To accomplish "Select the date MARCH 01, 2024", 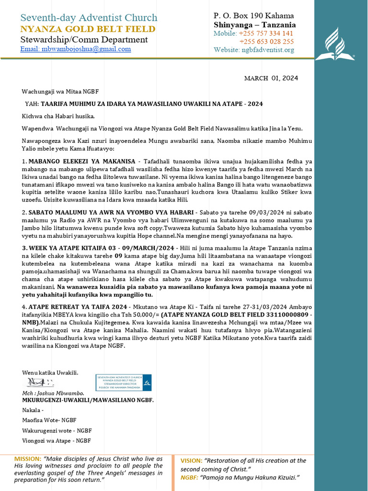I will [x=271, y=78].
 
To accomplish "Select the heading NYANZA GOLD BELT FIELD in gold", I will [x=88, y=29].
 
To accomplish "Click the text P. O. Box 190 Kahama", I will [x=253, y=16].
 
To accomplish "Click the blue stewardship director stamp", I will [x=123, y=382].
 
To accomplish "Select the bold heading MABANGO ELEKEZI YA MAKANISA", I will [x=81, y=161].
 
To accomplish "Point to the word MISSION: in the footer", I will [x=28, y=459].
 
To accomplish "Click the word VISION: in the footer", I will [x=191, y=461].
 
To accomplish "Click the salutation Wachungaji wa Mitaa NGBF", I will [x=60, y=91].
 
